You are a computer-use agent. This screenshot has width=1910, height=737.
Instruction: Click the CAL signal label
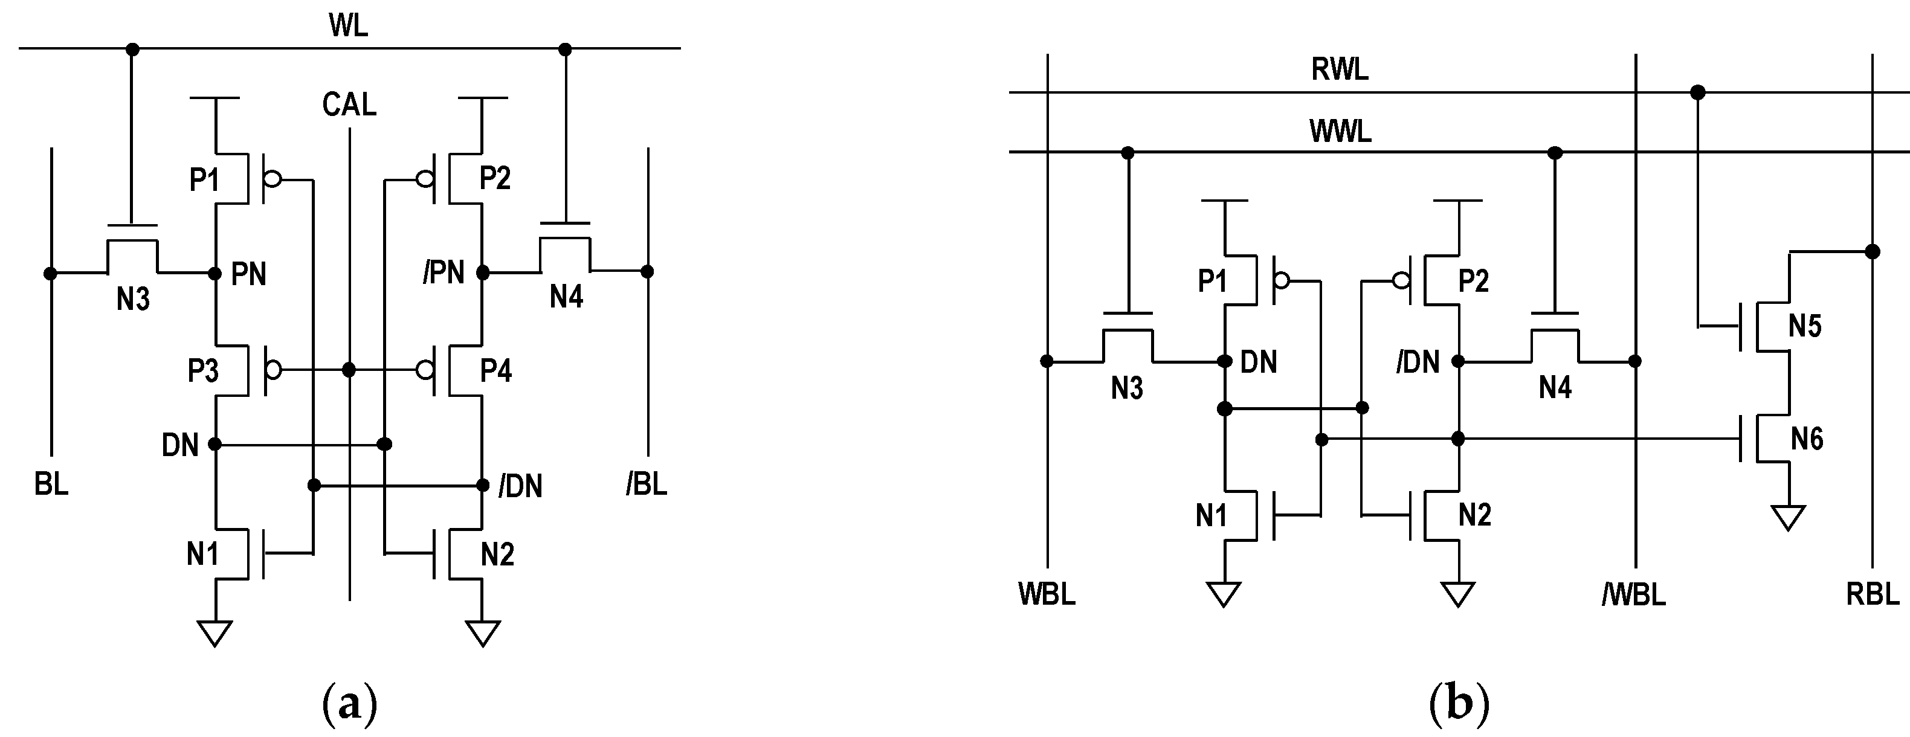click(349, 105)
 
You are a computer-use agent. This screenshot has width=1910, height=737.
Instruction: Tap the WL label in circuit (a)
click(348, 25)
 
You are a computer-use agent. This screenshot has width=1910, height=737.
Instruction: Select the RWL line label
click(1339, 69)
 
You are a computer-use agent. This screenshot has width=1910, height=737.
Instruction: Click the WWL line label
click(1340, 131)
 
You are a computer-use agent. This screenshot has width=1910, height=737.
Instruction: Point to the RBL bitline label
click(1872, 594)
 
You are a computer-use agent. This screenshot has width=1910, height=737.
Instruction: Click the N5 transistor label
click(1805, 326)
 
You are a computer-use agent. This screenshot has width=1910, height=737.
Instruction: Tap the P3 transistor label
click(202, 370)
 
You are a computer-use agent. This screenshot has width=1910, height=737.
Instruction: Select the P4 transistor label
click(495, 370)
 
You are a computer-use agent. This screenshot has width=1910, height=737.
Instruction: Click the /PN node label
click(444, 273)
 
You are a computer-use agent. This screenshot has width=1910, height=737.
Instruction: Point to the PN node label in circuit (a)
click(248, 274)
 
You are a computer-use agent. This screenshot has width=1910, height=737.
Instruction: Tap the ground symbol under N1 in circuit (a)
click(215, 633)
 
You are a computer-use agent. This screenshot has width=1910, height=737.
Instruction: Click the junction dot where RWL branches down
click(1697, 92)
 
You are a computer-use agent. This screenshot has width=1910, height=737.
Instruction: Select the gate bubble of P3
click(273, 370)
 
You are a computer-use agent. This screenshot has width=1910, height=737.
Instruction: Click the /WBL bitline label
click(1633, 594)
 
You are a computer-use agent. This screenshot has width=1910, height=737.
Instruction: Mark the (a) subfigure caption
click(350, 704)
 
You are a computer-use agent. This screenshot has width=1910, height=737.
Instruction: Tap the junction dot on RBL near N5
click(1872, 252)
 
